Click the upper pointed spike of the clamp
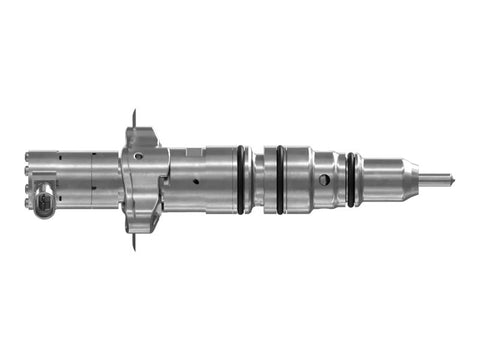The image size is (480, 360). [x=134, y=112]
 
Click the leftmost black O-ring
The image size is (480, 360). [x=242, y=179]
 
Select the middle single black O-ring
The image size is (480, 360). [x=282, y=179]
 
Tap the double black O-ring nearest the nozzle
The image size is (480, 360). [x=352, y=179]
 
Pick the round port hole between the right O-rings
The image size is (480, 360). [x=325, y=181]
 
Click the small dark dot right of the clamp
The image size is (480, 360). [x=196, y=181]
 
